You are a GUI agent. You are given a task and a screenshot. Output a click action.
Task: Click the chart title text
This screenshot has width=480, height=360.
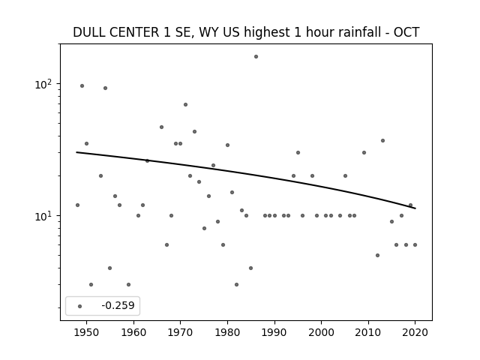246,33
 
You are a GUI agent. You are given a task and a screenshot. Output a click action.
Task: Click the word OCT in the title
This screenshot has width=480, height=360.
406,33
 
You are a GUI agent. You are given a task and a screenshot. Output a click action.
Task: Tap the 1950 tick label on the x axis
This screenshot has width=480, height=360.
87,332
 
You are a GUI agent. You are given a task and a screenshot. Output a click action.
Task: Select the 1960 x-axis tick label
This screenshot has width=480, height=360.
133,332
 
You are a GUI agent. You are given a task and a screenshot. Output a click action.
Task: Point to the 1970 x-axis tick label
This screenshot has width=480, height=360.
181,332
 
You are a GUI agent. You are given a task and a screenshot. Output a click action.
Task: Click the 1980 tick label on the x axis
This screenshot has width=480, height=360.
227,332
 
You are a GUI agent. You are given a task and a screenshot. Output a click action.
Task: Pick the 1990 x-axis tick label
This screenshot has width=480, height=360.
274,332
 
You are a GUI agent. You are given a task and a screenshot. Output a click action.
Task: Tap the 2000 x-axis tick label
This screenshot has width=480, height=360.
321,332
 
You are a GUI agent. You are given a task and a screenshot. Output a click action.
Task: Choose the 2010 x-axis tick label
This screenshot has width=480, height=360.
368,332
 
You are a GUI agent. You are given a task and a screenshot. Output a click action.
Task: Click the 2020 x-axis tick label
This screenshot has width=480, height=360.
415,332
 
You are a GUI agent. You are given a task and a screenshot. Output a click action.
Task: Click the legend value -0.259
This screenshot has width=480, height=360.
118,306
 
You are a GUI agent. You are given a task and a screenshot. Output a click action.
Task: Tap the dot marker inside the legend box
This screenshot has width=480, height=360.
80,306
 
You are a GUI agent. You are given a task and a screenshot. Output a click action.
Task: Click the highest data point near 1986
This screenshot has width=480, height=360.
256,56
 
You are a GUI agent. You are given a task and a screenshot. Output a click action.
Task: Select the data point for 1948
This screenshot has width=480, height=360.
77,205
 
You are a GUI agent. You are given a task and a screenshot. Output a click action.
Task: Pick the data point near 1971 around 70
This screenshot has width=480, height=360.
185,104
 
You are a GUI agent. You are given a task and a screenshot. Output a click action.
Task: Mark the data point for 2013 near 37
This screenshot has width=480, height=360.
382,140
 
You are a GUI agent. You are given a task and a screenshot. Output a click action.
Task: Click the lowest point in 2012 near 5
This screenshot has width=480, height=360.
377,255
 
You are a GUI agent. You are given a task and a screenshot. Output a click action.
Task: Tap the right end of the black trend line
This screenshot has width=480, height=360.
415,208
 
